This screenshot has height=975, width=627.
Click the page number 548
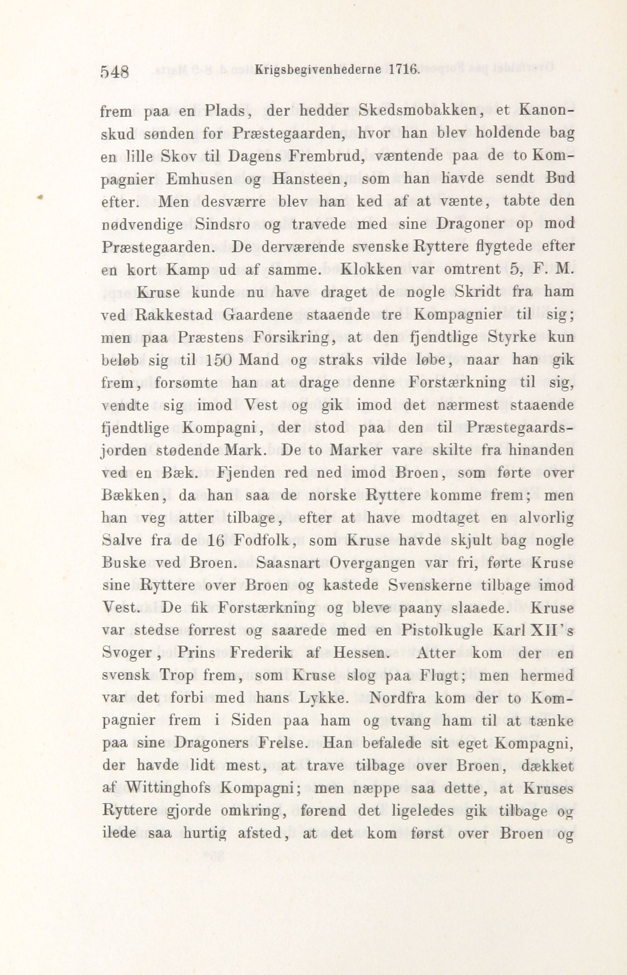coord(115,73)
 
